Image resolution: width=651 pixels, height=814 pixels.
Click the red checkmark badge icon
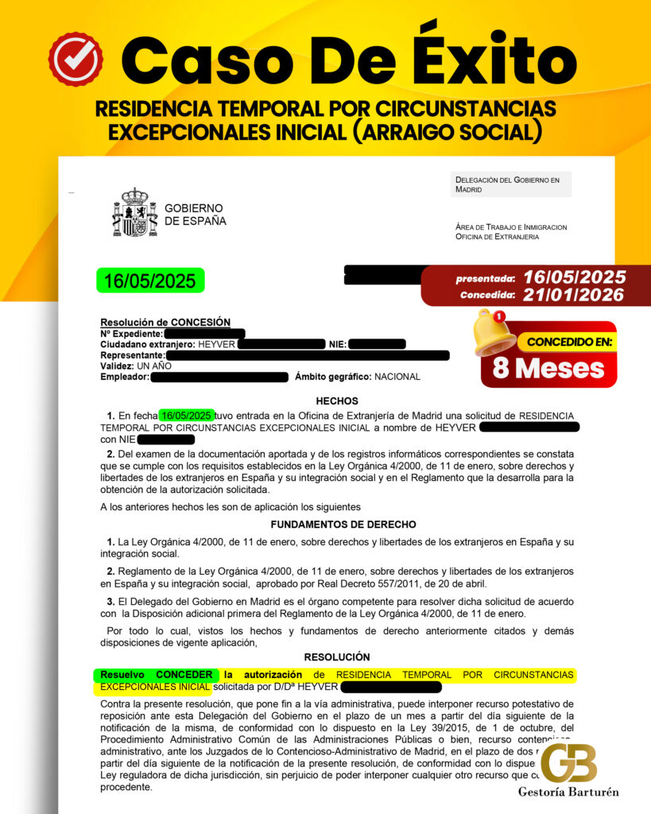pos(76,60)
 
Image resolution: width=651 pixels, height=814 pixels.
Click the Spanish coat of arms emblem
pos(134,212)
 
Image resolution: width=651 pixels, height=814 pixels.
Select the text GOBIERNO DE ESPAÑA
pos(195,215)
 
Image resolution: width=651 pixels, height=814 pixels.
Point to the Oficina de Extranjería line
pos(498,237)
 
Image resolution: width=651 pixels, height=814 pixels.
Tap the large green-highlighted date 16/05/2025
pos(150,281)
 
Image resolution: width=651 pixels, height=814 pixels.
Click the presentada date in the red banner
pos(571,277)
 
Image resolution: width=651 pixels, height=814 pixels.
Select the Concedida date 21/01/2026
pos(574,295)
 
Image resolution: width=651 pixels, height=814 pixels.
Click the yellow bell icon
pos(494,333)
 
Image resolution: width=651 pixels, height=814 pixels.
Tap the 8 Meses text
pos(548,368)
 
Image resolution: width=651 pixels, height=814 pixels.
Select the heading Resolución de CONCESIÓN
pos(165,322)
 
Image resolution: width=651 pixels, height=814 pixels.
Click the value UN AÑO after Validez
pos(155,366)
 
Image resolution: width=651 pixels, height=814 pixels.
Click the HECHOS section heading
pos(337,401)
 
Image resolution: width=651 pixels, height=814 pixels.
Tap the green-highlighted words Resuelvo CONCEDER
pos(156,675)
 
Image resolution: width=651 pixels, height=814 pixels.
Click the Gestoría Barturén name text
pos(568,792)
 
